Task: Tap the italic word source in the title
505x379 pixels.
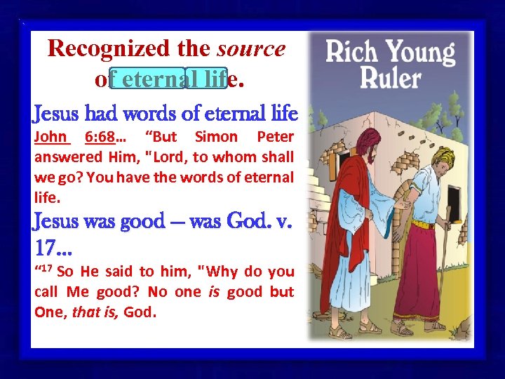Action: click(x=251, y=48)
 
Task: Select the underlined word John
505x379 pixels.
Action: click(x=50, y=136)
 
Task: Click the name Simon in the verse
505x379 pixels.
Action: click(x=216, y=136)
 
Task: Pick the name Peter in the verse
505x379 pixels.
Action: click(x=275, y=136)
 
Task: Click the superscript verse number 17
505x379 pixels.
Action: click(x=45, y=269)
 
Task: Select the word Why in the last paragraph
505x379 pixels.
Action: click(x=222, y=272)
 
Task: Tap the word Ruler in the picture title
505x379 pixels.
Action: click(x=390, y=77)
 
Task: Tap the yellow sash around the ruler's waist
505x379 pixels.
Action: click(x=426, y=225)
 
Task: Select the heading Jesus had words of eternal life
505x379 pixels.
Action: click(x=166, y=113)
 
